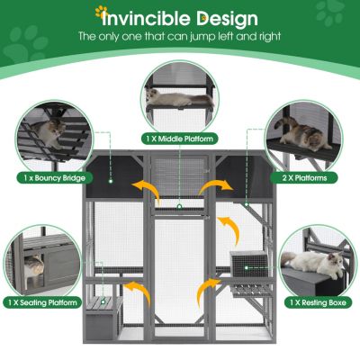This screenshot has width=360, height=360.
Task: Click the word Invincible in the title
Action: pos(143,18)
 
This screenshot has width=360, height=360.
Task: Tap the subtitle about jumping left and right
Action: pos(180,37)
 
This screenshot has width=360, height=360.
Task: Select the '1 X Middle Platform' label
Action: pos(180,139)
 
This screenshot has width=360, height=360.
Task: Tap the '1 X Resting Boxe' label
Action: pos(309,302)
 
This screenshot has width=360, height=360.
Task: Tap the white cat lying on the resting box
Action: pos(310,261)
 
